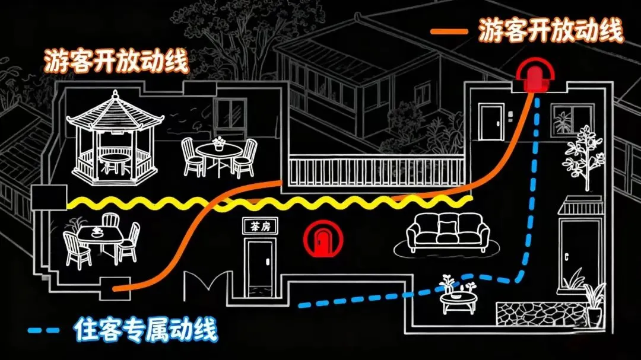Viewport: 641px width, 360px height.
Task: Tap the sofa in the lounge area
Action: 449,232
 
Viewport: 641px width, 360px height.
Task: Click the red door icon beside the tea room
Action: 323,238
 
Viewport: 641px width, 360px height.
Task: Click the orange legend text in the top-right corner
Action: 551,31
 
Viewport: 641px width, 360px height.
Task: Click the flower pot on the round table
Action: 219,143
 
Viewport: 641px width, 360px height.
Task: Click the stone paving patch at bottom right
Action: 540,313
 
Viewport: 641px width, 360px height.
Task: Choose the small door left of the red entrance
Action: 491,122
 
